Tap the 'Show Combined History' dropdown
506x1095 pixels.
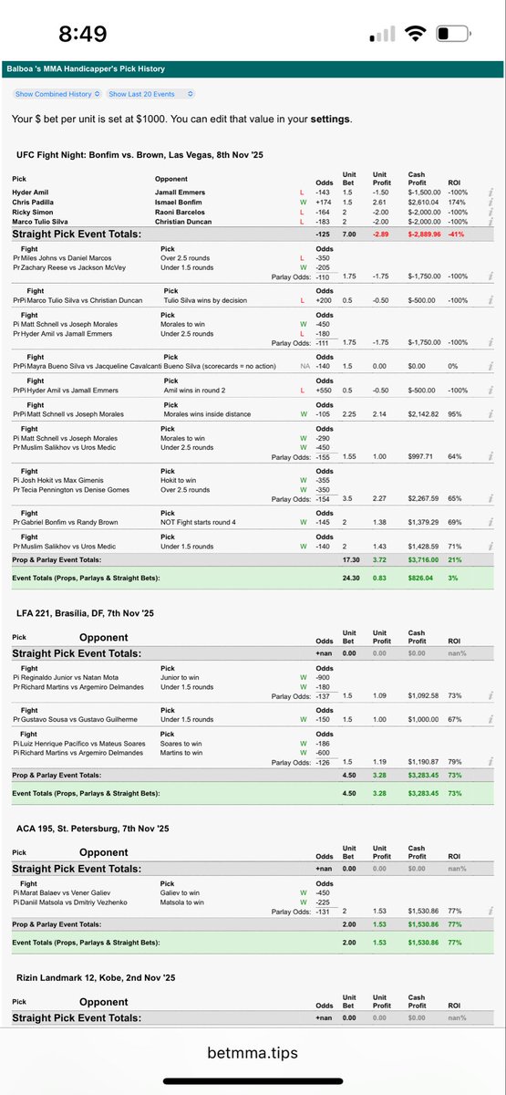(x=57, y=94)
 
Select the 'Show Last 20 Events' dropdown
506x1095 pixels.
(x=151, y=94)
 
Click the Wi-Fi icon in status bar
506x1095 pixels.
(x=417, y=35)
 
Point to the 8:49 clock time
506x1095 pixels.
(x=82, y=35)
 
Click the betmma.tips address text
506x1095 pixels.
(x=253, y=1051)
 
